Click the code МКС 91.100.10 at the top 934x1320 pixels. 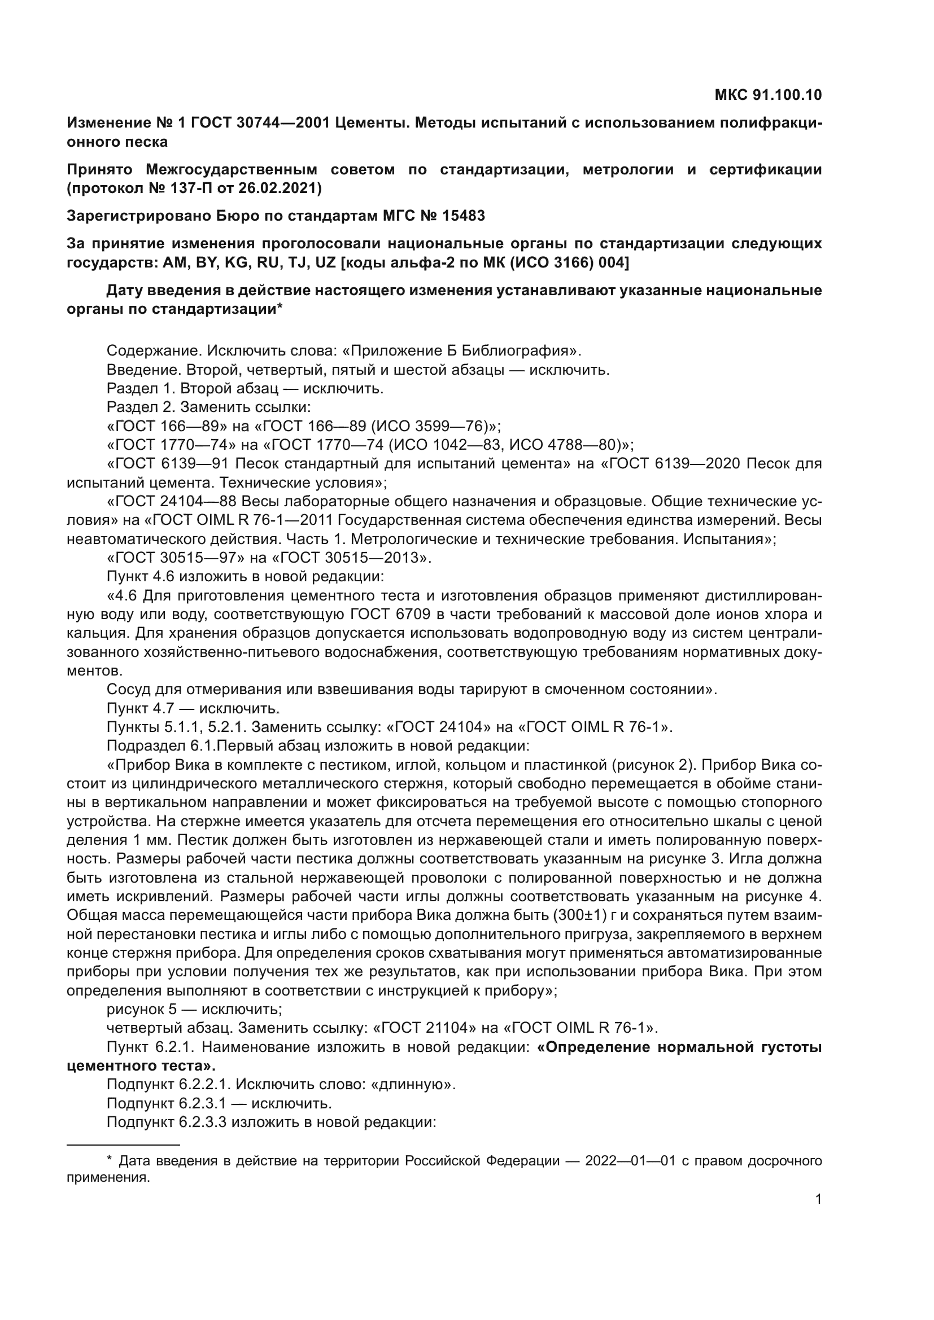768,95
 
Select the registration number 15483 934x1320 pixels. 464,216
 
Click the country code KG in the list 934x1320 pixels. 237,263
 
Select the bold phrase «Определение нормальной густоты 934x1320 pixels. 679,1047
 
